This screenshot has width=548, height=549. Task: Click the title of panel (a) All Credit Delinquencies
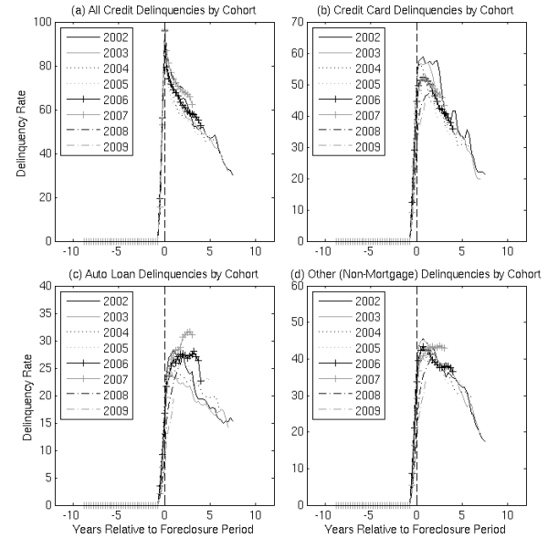(x=164, y=9)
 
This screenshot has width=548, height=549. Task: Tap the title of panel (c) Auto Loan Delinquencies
(x=164, y=273)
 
